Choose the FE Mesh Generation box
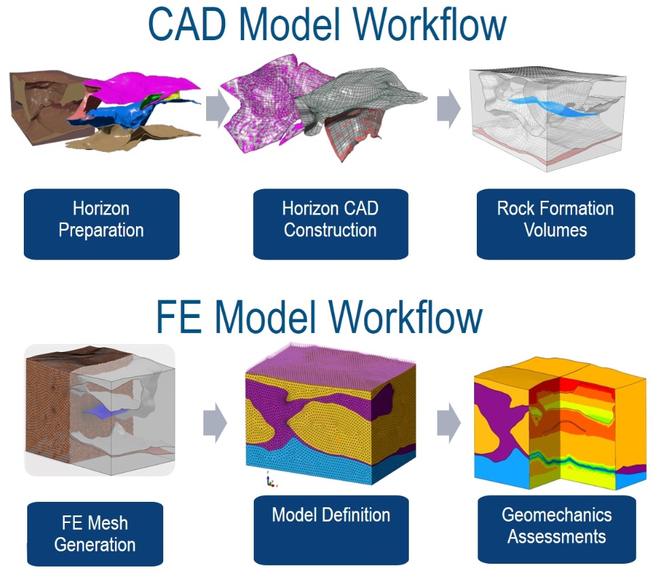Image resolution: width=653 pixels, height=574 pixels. (95, 534)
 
